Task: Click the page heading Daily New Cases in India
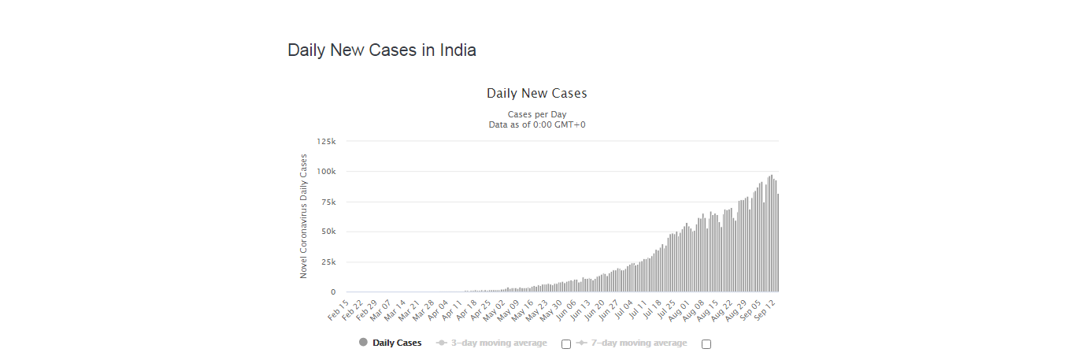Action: [x=382, y=50]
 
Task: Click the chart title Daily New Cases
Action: [x=536, y=94]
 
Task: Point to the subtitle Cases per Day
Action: [x=536, y=114]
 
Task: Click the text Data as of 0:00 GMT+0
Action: [x=536, y=124]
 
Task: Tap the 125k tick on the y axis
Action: [x=326, y=141]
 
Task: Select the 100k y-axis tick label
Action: [x=326, y=171]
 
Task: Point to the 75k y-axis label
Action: [x=328, y=202]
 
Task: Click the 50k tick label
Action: [x=328, y=232]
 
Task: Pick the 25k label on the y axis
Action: [x=328, y=262]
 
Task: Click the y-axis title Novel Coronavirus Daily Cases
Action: [x=303, y=216]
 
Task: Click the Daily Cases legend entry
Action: [x=397, y=343]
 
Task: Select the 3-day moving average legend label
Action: [x=498, y=343]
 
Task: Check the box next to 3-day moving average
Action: [x=566, y=344]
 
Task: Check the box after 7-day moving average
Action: [x=706, y=344]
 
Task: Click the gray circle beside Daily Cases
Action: [x=363, y=343]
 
